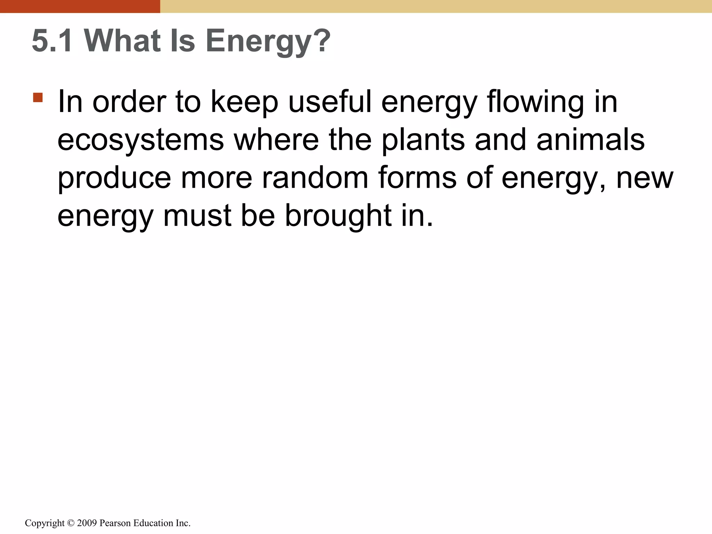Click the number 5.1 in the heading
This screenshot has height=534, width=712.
[52, 41]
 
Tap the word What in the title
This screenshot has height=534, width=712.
[122, 41]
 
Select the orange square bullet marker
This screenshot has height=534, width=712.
[38, 97]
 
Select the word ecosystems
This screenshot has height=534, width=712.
[140, 140]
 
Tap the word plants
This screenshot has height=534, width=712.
[423, 140]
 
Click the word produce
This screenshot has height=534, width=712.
[114, 178]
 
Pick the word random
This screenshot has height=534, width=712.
[315, 178]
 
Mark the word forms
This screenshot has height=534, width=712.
[417, 178]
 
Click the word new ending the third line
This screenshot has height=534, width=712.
[645, 178]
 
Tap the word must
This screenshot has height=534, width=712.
[197, 216]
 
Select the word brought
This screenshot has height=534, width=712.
[338, 216]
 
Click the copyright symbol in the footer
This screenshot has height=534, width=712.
[71, 523]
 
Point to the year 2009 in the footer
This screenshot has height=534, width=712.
[87, 523]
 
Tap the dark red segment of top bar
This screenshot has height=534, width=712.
[80, 6]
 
